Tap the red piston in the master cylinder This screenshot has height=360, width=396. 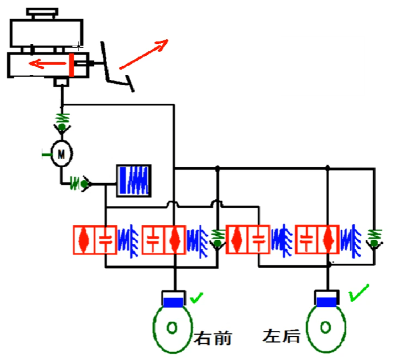pos(72,65)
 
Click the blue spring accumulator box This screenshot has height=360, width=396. pos(134,180)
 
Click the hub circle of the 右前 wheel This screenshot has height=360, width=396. pos(172,327)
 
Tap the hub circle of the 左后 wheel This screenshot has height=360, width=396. pos(326,327)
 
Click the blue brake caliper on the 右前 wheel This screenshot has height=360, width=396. pos(173,302)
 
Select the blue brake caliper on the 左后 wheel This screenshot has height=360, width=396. pos(327,302)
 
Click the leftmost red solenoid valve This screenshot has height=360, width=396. pos(95,240)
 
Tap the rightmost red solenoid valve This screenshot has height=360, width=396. pos(316,239)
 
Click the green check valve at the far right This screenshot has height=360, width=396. pos(373,240)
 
